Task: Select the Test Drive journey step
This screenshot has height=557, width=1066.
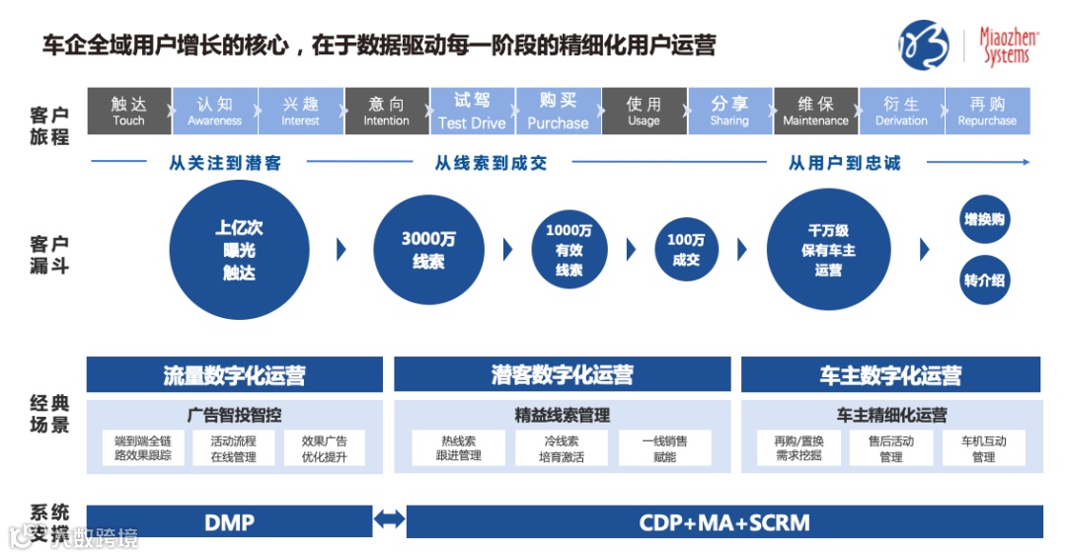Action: pos(472,112)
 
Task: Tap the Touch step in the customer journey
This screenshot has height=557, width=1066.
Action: pos(128,112)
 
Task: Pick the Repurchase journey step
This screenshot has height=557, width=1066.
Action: pos(987,112)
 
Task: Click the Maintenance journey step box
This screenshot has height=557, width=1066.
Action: pos(815,112)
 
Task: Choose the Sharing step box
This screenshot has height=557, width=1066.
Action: pos(729,112)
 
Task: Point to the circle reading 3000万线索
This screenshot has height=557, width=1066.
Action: pos(428,250)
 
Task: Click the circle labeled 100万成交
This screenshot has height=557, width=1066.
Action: pos(686,250)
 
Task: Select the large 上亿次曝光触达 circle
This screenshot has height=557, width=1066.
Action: pos(239,250)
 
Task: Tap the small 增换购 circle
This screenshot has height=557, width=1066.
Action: pos(984,220)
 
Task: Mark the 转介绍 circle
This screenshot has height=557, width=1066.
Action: pos(984,279)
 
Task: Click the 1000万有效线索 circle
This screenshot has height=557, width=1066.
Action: pos(569,250)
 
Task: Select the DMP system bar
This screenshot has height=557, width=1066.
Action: pos(229,521)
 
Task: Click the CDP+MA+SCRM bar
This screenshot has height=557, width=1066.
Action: pos(724,521)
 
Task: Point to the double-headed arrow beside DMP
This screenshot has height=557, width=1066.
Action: pos(390,519)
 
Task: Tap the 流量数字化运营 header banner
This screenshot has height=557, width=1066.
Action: pos(234,375)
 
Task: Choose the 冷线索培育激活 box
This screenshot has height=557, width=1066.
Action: pos(561,448)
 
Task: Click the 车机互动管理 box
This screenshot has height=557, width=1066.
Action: pos(983,448)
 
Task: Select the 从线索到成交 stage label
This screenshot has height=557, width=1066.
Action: pos(491,163)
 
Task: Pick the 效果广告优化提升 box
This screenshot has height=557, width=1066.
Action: pos(324,448)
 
